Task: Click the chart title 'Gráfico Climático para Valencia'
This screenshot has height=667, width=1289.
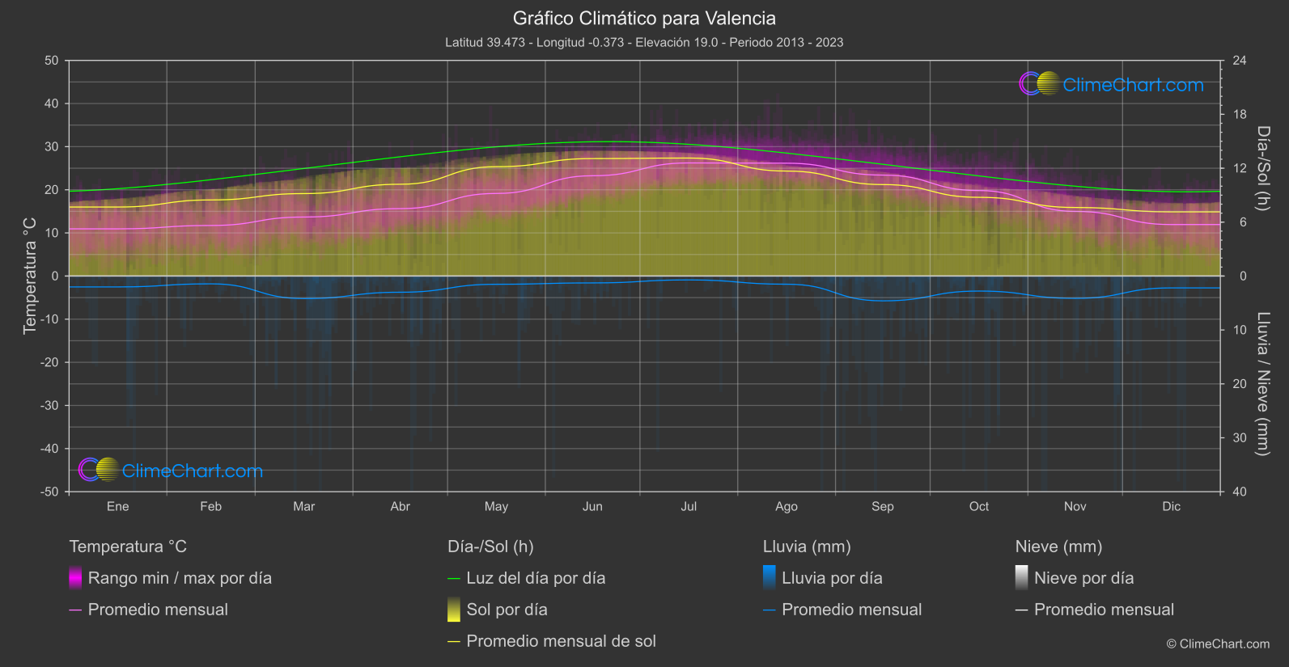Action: pos(644,18)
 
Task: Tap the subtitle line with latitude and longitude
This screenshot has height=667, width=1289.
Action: pos(644,42)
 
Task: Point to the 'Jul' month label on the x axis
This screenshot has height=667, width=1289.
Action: pos(689,506)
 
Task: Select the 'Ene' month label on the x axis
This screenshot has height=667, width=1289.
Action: pos(118,506)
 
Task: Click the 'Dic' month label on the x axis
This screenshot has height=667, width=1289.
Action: pos(1171,506)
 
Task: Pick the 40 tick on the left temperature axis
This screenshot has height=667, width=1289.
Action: pos(52,103)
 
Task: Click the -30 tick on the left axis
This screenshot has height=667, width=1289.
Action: pos(49,405)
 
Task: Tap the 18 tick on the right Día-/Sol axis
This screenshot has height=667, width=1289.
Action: pos(1240,114)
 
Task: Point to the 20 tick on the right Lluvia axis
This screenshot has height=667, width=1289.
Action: pos(1240,384)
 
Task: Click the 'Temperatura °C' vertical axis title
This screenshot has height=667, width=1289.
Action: pos(30,275)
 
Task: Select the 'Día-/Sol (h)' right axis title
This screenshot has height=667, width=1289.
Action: pos(1263,168)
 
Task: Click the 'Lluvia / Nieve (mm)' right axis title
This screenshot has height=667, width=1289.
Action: pos(1263,384)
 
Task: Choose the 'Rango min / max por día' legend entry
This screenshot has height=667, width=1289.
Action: pos(180,578)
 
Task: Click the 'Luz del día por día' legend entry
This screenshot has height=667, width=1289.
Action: pos(536,578)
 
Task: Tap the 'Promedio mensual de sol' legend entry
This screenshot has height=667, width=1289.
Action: pos(561,641)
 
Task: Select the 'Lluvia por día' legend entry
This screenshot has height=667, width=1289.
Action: pos(832,578)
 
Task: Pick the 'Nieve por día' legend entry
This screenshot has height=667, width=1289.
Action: pos(1083,578)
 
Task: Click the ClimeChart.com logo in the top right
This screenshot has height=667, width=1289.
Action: pos(1112,84)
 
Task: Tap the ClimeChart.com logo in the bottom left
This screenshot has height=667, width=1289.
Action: pos(171,470)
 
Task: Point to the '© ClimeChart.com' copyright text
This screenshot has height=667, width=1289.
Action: pos(1218,644)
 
